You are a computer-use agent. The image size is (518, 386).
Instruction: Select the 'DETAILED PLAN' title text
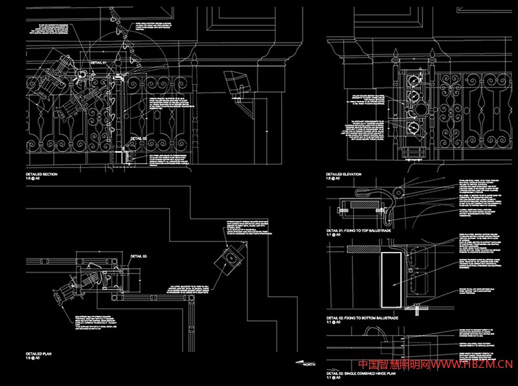(38, 354)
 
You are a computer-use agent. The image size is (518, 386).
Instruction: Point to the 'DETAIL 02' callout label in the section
(139, 138)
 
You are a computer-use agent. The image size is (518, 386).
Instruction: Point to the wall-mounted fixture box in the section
(236, 84)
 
